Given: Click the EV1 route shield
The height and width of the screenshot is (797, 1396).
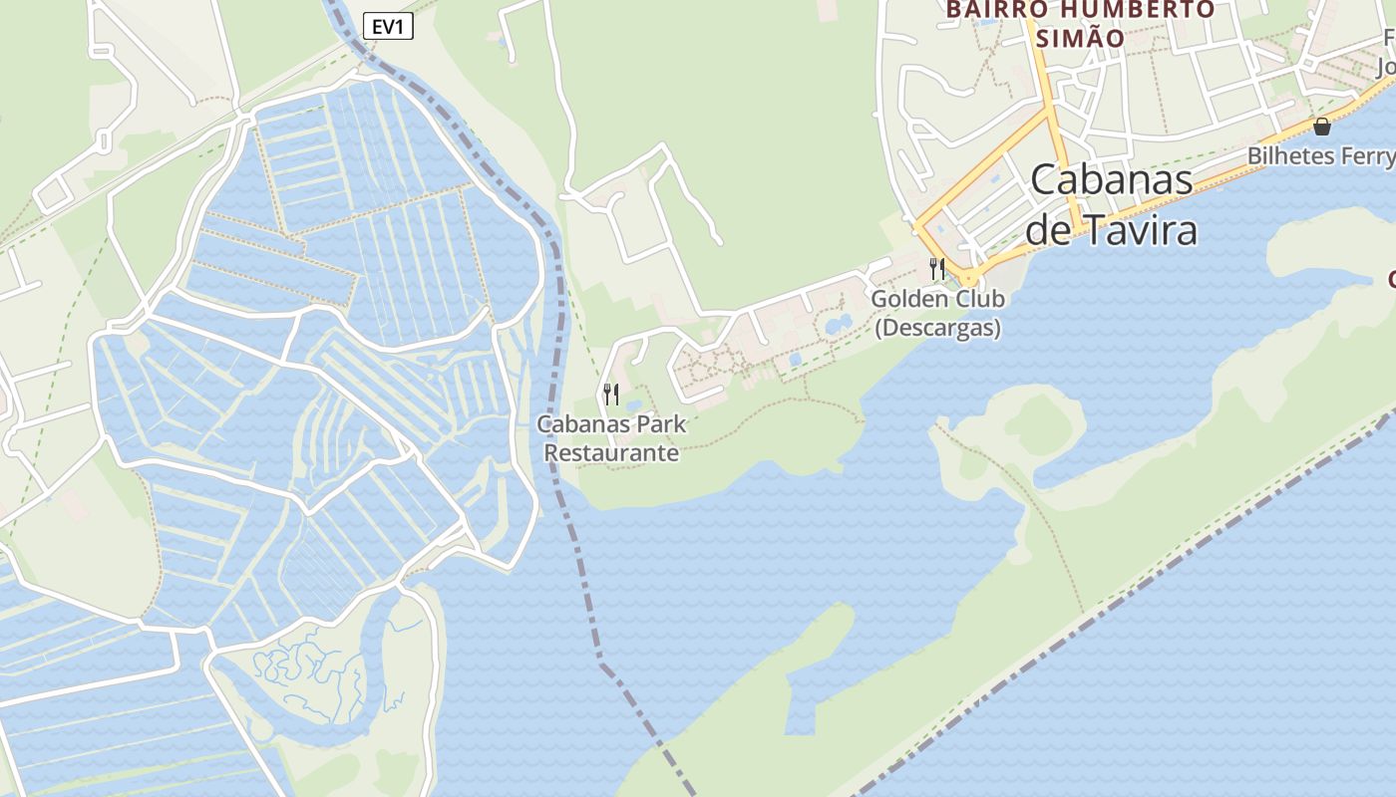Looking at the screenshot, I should click(x=387, y=27).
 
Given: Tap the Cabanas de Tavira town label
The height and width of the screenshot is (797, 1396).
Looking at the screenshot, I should click(x=1112, y=205).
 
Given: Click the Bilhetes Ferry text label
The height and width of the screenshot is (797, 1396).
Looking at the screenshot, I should click(x=1320, y=156).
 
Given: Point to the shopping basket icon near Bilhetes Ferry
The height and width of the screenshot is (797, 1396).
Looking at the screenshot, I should click(x=1322, y=127).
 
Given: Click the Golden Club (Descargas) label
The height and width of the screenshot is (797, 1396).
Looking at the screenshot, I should click(x=937, y=313).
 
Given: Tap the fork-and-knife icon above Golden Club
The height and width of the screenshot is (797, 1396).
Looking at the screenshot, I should click(x=936, y=268).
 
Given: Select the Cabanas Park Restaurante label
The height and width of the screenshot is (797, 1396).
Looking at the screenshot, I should click(x=611, y=438).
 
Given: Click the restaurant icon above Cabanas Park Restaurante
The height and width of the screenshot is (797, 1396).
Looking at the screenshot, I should click(x=611, y=395).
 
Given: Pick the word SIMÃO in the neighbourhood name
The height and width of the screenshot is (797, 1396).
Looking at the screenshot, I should click(x=1081, y=39).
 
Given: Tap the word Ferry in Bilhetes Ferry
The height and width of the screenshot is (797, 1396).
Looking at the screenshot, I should click(x=1366, y=156).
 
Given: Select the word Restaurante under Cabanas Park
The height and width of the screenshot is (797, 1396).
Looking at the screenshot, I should click(x=611, y=453).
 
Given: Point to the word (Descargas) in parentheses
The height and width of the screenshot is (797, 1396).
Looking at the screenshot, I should click(x=937, y=328).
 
